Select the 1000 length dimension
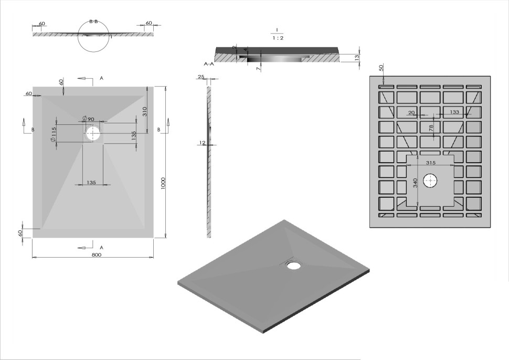click(x=163, y=183)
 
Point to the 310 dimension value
click(x=145, y=111)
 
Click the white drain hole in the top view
click(x=93, y=133)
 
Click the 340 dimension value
click(x=415, y=183)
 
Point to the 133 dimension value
click(x=454, y=112)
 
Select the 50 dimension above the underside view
click(x=381, y=68)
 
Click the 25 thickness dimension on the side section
click(x=201, y=77)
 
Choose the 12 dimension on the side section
click(x=202, y=142)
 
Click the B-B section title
click(x=93, y=22)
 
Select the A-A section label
click(x=208, y=63)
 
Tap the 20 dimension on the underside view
click(x=411, y=112)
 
